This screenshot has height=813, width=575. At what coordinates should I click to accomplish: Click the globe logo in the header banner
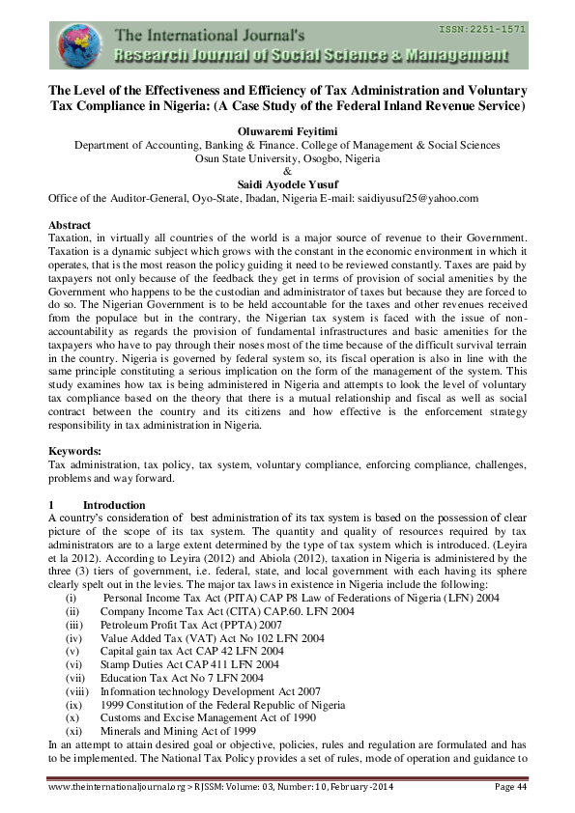[77, 45]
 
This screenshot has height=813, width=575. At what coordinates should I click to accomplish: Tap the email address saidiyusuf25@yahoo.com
[424, 197]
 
